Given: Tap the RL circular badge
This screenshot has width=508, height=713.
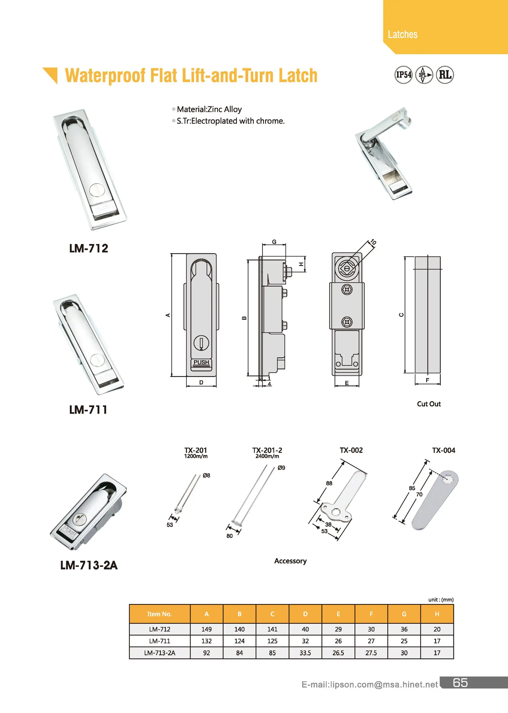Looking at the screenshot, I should pos(445,75).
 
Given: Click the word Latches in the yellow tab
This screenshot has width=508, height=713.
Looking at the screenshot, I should pos(402,34).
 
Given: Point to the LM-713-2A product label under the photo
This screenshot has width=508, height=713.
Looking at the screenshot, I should pos(89,565).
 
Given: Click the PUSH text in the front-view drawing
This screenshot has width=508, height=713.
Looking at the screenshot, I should pos(201,362).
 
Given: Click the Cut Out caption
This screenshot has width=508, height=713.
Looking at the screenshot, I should pos(428,404).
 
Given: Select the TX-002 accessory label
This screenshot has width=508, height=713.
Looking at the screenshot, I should pos(351,450).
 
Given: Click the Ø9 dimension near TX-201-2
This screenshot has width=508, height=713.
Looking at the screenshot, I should pos(281,468).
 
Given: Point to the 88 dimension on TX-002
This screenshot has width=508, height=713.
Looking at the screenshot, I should pos(329,483).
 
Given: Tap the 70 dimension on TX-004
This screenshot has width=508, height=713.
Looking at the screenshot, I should pos(419,494).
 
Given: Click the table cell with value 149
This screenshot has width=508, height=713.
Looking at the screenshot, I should pos(207,629).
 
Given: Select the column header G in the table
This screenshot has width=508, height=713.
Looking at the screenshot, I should pos(404,614).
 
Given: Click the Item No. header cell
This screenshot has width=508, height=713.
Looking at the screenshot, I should pos(160,614).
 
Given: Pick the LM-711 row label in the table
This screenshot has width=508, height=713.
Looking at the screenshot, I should pos(160,641).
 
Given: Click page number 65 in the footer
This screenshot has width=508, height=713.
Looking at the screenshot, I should pos(460,683).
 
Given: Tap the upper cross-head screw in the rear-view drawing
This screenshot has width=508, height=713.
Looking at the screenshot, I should pos(347,289).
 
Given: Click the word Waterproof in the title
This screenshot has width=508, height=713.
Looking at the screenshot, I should pos(105,75).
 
